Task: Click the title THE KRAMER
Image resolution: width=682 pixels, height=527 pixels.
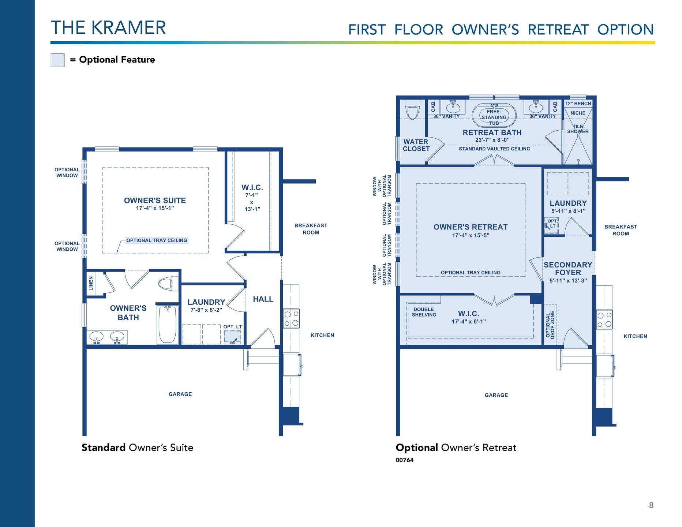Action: click(108, 28)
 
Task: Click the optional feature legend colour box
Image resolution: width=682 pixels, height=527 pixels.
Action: click(57, 60)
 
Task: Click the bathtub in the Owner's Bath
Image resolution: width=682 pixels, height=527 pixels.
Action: click(168, 324)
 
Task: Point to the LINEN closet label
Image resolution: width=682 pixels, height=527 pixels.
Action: click(91, 283)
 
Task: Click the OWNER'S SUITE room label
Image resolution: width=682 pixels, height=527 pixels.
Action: click(155, 201)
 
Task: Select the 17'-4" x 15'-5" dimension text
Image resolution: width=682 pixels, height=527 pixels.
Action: click(471, 235)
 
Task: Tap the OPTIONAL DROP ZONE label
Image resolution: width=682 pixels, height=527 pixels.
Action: click(550, 325)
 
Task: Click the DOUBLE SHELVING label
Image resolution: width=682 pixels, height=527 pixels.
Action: click(424, 312)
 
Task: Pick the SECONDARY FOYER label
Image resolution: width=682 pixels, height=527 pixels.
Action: click(568, 269)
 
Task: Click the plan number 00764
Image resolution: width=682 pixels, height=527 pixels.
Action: click(404, 460)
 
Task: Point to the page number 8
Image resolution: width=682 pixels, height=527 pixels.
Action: click(651, 505)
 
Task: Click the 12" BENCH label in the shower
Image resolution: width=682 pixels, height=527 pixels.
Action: click(578, 104)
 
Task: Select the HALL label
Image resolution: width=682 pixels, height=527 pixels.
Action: click(263, 299)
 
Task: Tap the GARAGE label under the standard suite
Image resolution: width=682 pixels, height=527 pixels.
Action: click(180, 394)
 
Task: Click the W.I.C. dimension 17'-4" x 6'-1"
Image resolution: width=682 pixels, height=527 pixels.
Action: click(469, 322)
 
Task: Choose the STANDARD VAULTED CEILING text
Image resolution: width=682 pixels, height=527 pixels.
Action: click(494, 149)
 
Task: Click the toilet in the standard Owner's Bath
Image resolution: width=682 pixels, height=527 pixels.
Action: click(168, 283)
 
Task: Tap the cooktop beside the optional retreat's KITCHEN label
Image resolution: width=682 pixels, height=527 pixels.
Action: click(604, 319)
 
